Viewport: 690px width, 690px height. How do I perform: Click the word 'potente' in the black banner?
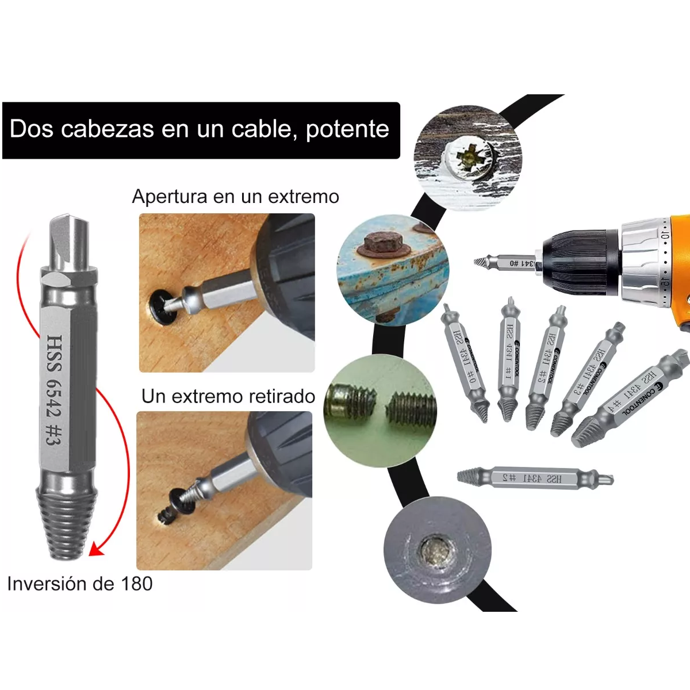[347, 129]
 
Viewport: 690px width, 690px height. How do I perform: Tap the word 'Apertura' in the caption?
[169, 197]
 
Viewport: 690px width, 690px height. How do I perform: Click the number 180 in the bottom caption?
[136, 584]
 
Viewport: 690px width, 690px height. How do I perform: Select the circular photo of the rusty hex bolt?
[392, 269]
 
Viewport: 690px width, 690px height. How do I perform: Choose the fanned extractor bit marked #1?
[509, 361]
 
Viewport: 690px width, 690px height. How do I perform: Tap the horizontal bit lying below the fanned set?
[535, 477]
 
